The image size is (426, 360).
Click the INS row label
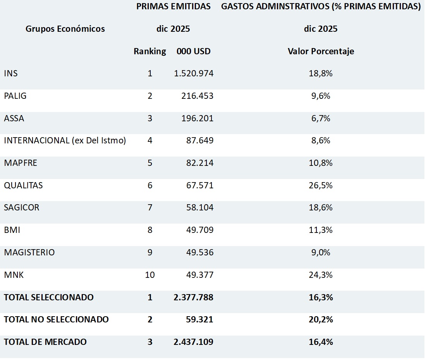tap(11, 73)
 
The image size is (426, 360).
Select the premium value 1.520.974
tap(194, 73)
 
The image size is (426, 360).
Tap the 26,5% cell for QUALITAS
tap(320, 185)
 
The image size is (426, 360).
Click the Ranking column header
tap(150, 51)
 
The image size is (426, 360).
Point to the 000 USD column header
tap(194, 51)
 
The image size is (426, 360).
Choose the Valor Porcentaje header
tap(321, 51)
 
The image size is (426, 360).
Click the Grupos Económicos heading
tap(65, 29)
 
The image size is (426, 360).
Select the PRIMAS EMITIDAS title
tap(173, 7)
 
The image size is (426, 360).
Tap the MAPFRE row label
tap(21, 163)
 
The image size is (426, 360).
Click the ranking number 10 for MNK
tap(150, 275)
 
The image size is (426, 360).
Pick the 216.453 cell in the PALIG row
tap(197, 96)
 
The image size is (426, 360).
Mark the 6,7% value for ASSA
tap(320, 118)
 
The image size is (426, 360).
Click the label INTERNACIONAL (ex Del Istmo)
tap(65, 141)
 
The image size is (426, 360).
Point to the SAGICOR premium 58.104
tap(199, 208)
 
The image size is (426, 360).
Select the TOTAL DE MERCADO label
tap(45, 342)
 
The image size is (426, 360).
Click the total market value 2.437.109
tap(194, 342)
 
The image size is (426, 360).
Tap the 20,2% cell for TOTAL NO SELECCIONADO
tap(320, 320)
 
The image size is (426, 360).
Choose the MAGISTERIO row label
tap(29, 252)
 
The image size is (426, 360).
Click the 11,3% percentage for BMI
tap(320, 230)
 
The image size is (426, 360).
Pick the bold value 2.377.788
tap(194, 297)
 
